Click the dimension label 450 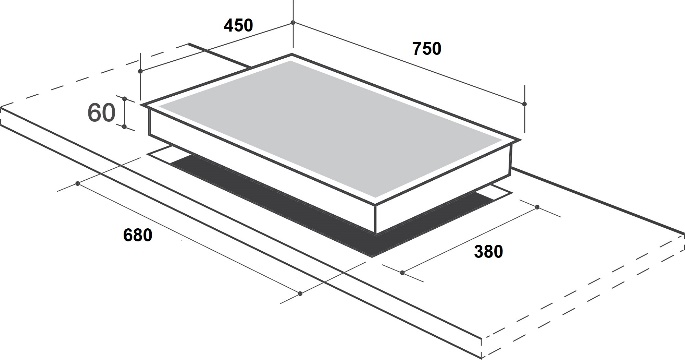pyautogui.click(x=238, y=25)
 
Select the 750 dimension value pyautogui.click(x=427, y=48)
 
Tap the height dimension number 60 pyautogui.click(x=101, y=112)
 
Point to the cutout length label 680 pyautogui.click(x=138, y=235)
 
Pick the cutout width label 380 pyautogui.click(x=488, y=252)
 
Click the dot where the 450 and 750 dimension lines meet pyautogui.click(x=293, y=22)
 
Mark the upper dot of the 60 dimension pyautogui.click(x=125, y=99)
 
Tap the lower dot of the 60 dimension pyautogui.click(x=125, y=127)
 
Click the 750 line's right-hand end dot pyautogui.click(x=524, y=104)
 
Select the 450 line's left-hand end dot pyautogui.click(x=140, y=71)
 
